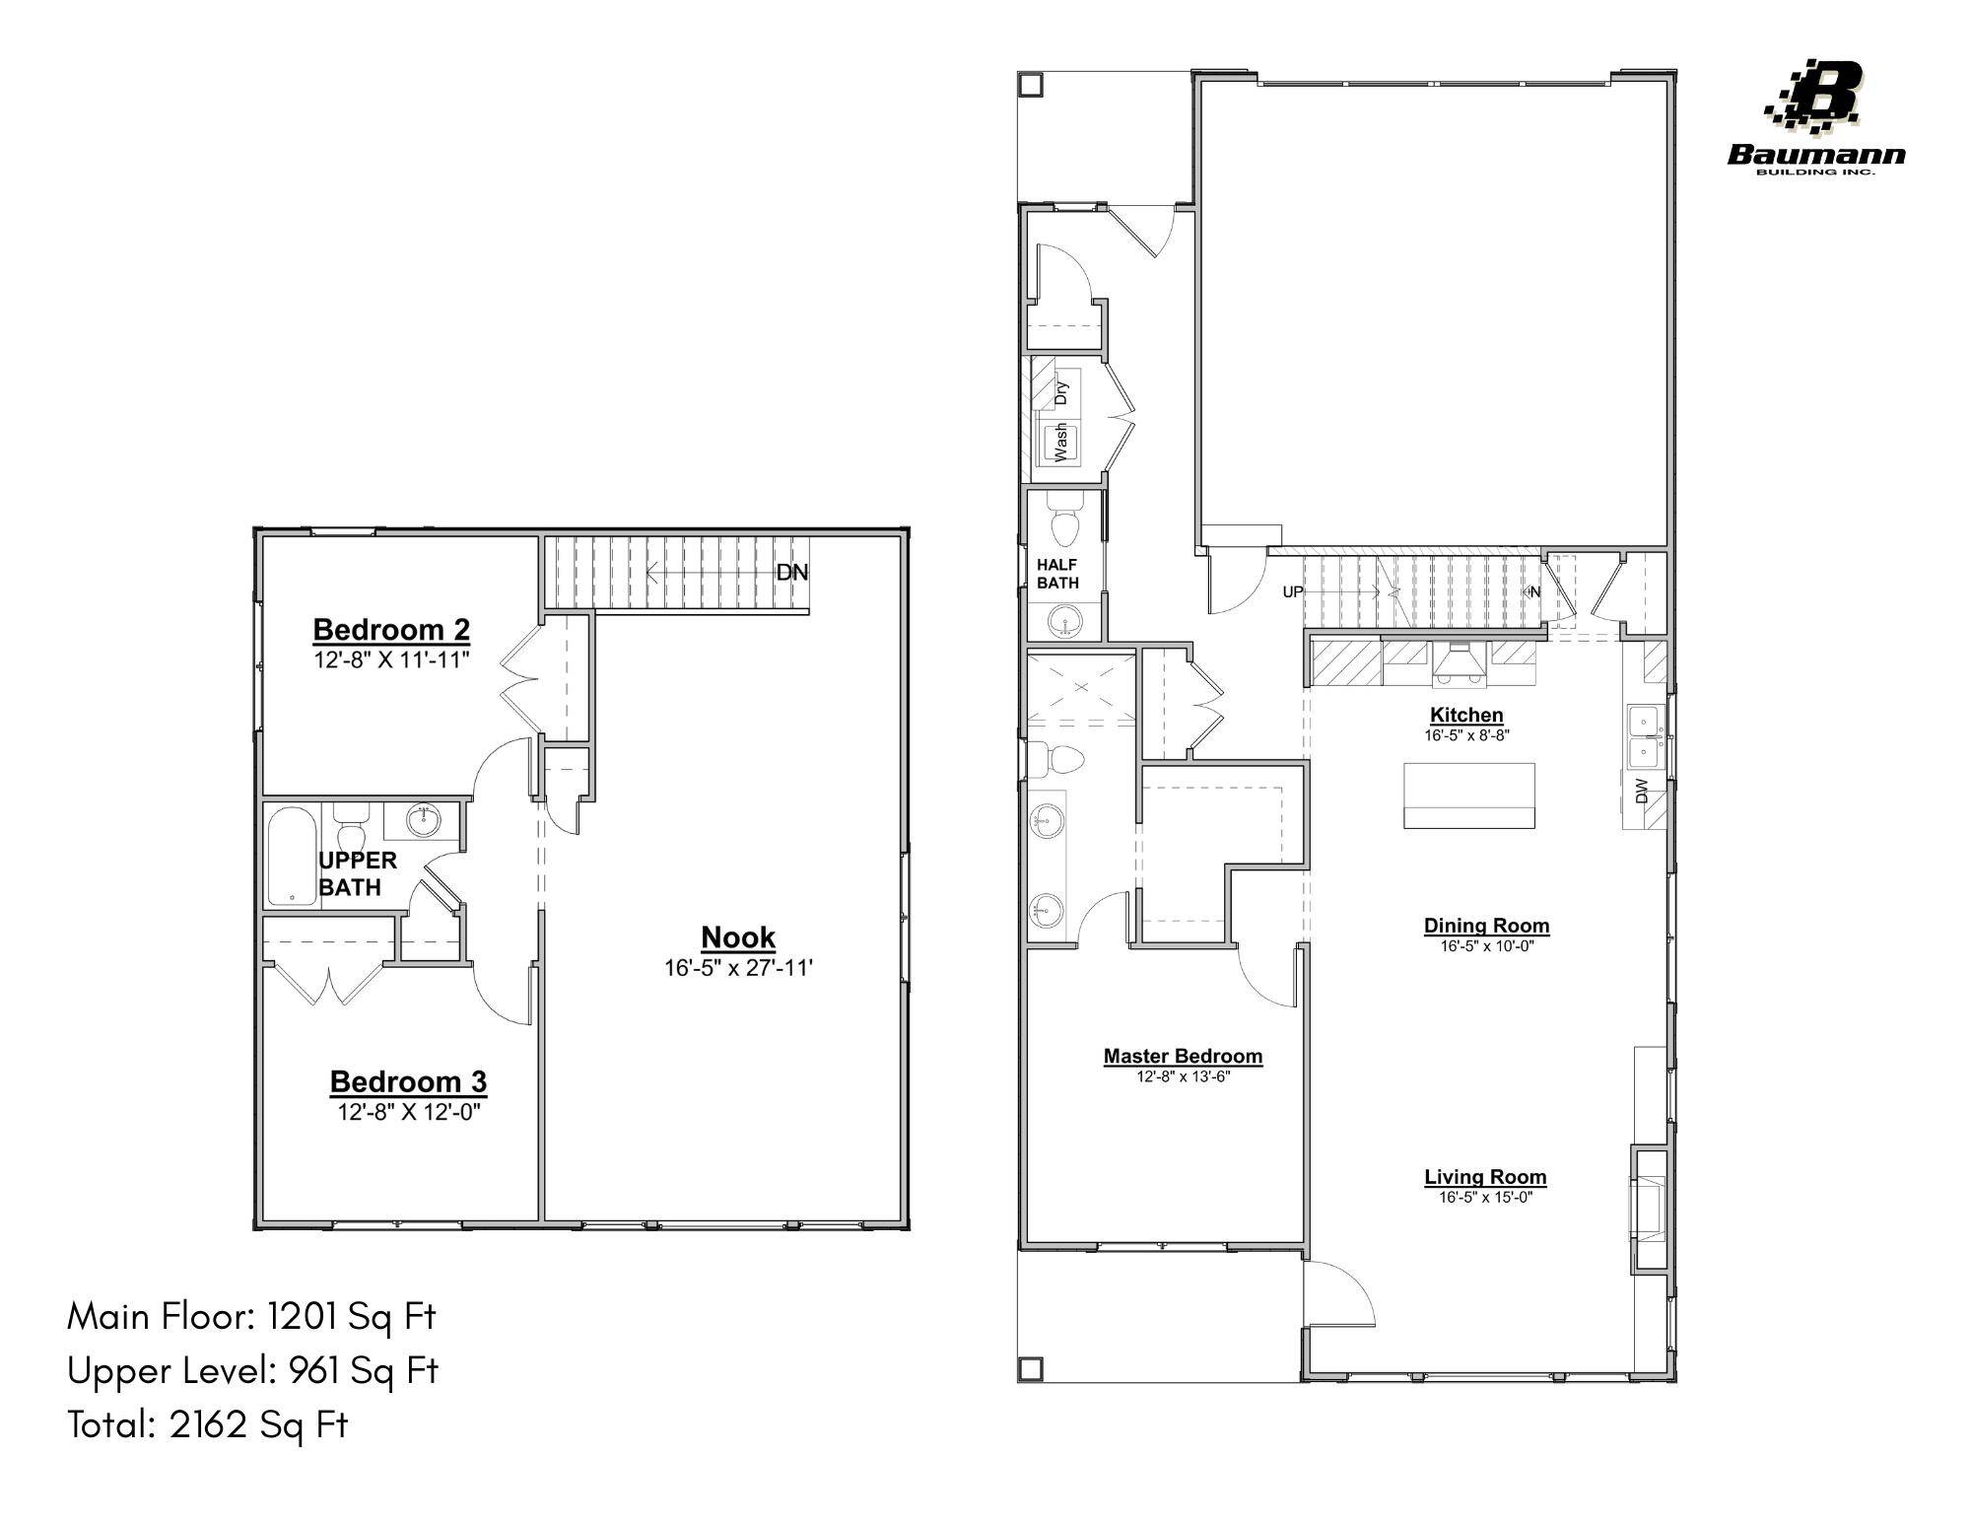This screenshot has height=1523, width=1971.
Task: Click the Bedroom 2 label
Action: click(x=391, y=629)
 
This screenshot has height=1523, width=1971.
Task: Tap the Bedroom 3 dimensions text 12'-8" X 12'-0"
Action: click(x=408, y=1112)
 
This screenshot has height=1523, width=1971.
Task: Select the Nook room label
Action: click(x=738, y=937)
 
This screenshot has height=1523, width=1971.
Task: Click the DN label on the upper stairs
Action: click(x=791, y=573)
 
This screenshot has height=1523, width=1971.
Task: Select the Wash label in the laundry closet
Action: click(x=1061, y=443)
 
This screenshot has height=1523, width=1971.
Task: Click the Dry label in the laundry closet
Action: click(x=1061, y=392)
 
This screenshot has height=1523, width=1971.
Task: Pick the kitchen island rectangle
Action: click(x=1468, y=795)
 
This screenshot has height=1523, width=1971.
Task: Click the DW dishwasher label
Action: click(x=1642, y=791)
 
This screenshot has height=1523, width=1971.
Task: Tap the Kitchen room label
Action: click(x=1466, y=715)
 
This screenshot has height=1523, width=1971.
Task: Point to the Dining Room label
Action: click(x=1486, y=926)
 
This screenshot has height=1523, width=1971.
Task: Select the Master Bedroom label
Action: click(x=1183, y=1056)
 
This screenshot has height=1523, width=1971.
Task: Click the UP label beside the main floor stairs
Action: click(x=1292, y=592)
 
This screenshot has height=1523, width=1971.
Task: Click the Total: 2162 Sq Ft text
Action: click(x=208, y=1424)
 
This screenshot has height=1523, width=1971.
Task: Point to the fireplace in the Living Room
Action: click(x=1649, y=1208)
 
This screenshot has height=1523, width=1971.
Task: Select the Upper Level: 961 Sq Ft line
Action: click(x=252, y=1370)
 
